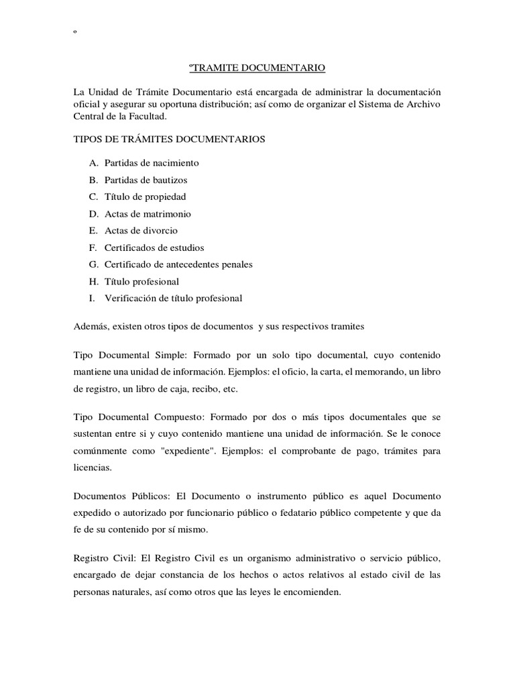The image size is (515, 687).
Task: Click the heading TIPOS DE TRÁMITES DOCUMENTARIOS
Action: coord(168,140)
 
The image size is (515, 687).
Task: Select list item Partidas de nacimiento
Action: coord(152,163)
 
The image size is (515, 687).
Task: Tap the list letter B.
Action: coord(93,180)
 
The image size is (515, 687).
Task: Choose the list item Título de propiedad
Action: coord(145,197)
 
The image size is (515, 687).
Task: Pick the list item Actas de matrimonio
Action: coord(148,214)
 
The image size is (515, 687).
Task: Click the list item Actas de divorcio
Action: coord(141,231)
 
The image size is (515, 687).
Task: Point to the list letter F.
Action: coord(93,248)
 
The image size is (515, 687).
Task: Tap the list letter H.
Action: coord(93,282)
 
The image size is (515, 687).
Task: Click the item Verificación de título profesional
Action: coord(173,299)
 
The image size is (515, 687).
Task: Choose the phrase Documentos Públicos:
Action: coord(122,496)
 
